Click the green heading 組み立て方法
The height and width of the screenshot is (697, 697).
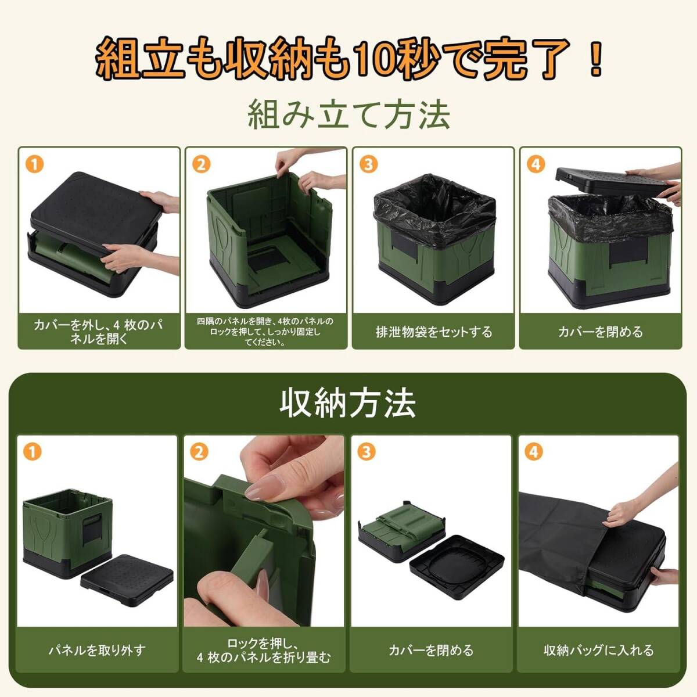tap(348, 116)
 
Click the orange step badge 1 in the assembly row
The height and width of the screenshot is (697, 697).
tap(34, 165)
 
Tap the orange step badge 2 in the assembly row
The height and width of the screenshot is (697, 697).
tap(202, 165)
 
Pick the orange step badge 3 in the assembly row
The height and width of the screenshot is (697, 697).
tap(369, 165)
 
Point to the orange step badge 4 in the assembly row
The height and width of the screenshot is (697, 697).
tap(536, 165)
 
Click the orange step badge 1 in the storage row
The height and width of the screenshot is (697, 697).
tap(33, 452)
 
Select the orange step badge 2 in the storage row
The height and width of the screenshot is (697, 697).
tap(199, 452)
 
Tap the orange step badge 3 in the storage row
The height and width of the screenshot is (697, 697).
tap(367, 452)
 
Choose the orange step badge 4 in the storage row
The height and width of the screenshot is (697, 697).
tap(534, 452)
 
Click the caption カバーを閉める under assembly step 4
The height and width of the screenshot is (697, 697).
tap(601, 332)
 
